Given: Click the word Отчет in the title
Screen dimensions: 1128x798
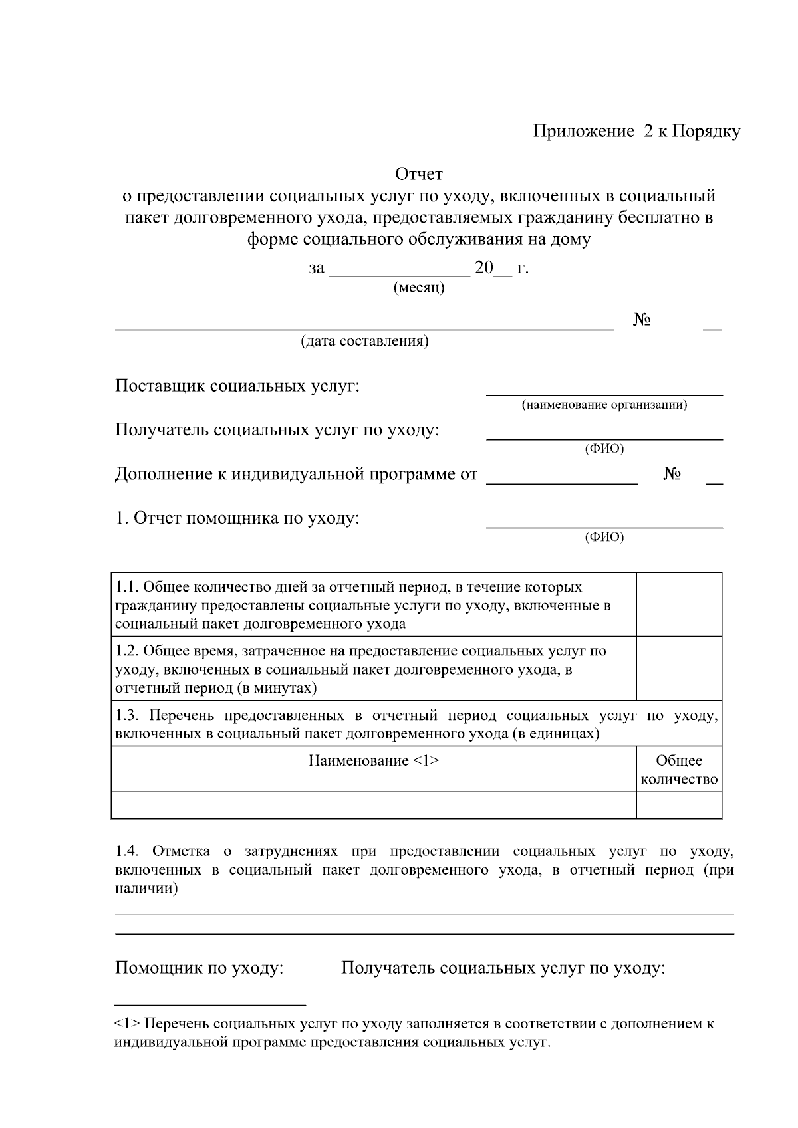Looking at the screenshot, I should [419, 175].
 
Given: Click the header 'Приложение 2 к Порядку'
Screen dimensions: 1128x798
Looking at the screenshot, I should [636, 132].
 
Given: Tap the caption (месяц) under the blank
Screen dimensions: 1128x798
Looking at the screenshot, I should [419, 288].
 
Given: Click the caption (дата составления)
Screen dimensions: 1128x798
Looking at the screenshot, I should [364, 341].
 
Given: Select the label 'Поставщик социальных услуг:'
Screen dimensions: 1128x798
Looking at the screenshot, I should [237, 386].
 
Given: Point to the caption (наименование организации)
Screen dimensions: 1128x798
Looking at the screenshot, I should [604, 405].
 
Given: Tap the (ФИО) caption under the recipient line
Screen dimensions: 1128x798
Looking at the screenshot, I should [604, 449].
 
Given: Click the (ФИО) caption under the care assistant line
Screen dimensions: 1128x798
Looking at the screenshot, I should [604, 537].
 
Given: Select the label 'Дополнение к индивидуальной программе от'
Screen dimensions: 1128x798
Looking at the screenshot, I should [296, 475].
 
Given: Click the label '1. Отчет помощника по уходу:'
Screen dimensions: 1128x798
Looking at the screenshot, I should [237, 518].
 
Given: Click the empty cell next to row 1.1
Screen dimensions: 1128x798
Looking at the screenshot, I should [679, 604].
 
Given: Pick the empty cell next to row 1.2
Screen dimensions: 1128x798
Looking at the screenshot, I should [679, 668].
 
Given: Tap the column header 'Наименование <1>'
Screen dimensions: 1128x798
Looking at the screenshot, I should [374, 761].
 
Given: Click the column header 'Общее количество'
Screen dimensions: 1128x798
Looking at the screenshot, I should [679, 770].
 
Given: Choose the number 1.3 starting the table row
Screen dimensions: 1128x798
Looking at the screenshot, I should [126, 716].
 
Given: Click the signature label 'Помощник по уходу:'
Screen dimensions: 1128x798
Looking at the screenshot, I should [199, 968].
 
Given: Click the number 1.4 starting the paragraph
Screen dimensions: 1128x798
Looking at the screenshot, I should [126, 851].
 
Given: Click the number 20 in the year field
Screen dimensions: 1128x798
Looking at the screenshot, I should [484, 268].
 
